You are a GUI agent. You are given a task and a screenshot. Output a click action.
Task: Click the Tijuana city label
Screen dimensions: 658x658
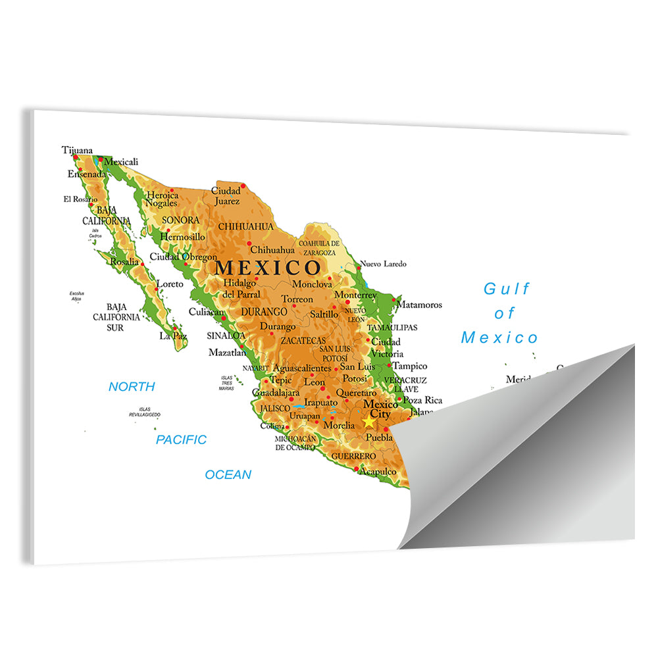pyautogui.click(x=77, y=150)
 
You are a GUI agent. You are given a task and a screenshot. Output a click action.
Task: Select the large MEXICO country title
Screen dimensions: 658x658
pyautogui.click(x=268, y=268)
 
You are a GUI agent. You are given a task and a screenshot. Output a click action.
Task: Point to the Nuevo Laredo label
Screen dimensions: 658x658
pyautogui.click(x=383, y=264)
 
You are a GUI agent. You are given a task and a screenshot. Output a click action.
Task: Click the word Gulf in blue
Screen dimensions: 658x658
pyautogui.click(x=506, y=289)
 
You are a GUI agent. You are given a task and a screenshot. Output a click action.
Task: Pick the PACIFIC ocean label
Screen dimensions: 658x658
pyautogui.click(x=181, y=440)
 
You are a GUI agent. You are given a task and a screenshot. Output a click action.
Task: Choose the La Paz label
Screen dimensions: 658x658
pyautogui.click(x=173, y=336)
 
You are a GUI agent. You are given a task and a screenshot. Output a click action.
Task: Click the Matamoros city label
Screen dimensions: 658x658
pyautogui.click(x=419, y=305)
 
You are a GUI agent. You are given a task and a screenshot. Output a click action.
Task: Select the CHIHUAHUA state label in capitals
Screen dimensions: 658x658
pyautogui.click(x=245, y=226)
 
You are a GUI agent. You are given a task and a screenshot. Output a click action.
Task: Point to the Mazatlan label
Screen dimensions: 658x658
pyautogui.click(x=227, y=353)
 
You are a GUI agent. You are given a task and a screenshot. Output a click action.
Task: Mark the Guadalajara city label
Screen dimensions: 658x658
pyautogui.click(x=276, y=392)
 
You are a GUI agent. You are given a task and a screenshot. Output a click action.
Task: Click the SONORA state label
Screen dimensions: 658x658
pyautogui.click(x=180, y=220)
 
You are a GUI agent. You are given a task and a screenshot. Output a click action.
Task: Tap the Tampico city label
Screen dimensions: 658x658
pyautogui.click(x=410, y=366)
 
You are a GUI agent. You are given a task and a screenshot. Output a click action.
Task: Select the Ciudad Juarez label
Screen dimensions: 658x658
pyautogui.click(x=226, y=196)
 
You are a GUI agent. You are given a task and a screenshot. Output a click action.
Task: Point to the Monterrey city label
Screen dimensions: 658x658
pyautogui.click(x=355, y=295)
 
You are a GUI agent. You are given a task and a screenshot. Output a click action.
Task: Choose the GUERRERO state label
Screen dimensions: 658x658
pyautogui.click(x=353, y=456)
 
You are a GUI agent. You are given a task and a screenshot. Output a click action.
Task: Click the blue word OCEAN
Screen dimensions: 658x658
pyautogui.click(x=228, y=474)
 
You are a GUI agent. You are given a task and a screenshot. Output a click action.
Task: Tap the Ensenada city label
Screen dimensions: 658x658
pyautogui.click(x=86, y=174)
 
